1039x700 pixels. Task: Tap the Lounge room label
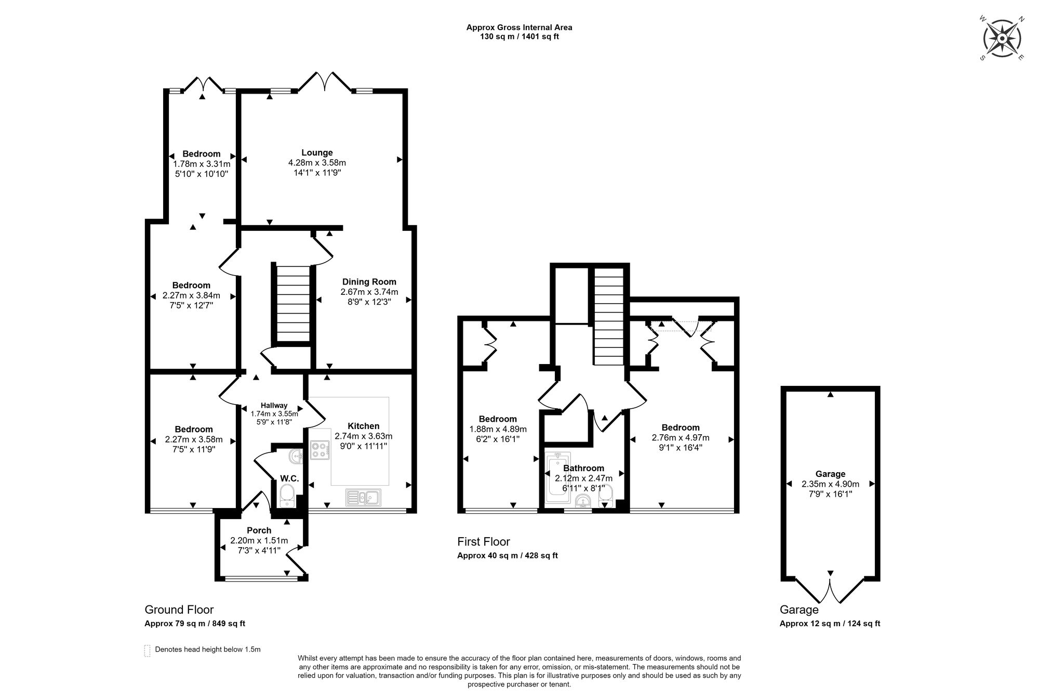pyautogui.click(x=317, y=153)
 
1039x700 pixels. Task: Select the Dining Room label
pyautogui.click(x=369, y=282)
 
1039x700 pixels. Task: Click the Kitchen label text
pyautogui.click(x=364, y=426)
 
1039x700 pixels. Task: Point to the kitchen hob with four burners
pyautogui.click(x=319, y=450)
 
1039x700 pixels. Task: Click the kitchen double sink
pyautogui.click(x=363, y=498)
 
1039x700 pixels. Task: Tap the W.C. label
pyautogui.click(x=289, y=478)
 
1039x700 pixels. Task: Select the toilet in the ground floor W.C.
pyautogui.click(x=287, y=495)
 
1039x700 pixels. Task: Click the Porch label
pyautogui.click(x=259, y=530)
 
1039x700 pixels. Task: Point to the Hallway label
pyautogui.click(x=274, y=406)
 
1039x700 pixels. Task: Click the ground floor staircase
pyautogui.click(x=292, y=304)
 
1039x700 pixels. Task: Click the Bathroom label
pyautogui.click(x=584, y=468)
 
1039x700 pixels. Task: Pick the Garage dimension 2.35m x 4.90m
pyautogui.click(x=830, y=484)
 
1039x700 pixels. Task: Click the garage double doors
pyautogui.click(x=830, y=590)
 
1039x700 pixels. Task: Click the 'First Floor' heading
pyautogui.click(x=484, y=542)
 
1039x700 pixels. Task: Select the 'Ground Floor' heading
pyautogui.click(x=179, y=610)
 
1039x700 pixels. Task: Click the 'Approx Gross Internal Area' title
pyautogui.click(x=519, y=28)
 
